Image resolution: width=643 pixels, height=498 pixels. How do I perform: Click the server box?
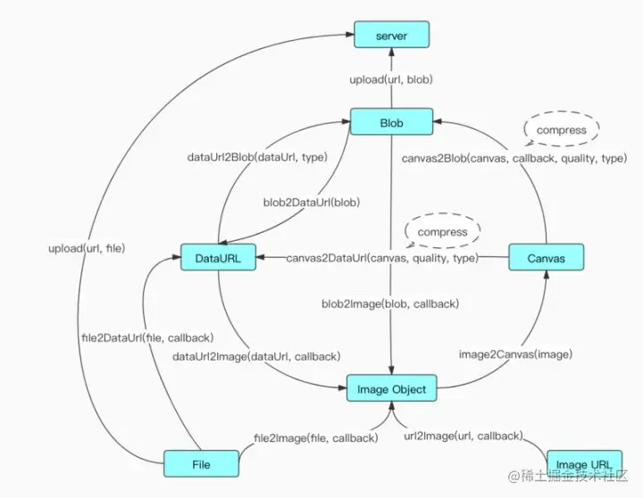tap(392, 35)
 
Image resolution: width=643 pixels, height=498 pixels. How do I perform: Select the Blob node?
tap(391, 121)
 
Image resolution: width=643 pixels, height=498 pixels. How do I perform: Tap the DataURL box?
tap(218, 257)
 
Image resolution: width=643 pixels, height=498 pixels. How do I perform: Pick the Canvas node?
tap(547, 257)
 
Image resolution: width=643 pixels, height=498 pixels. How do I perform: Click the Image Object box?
tap(392, 388)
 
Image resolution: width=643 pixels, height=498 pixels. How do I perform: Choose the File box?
tap(201, 463)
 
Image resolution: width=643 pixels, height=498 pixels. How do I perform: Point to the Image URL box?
tap(584, 463)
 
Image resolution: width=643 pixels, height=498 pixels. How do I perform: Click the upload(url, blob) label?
tap(391, 79)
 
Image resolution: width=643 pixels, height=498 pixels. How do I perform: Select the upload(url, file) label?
tap(87, 248)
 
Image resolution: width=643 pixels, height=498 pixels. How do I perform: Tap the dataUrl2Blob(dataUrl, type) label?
tap(257, 157)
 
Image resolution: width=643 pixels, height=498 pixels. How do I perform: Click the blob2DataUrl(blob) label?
tap(312, 202)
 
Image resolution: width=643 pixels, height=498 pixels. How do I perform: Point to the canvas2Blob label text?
tap(514, 158)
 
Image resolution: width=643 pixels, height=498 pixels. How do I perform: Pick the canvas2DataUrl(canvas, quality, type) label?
tap(382, 258)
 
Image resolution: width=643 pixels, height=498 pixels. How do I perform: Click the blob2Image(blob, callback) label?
tap(390, 303)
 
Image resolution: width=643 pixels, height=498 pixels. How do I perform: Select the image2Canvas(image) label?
tap(515, 354)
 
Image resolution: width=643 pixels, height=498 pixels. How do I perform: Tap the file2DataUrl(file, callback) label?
tap(147, 337)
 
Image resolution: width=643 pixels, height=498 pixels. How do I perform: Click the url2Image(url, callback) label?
tap(463, 436)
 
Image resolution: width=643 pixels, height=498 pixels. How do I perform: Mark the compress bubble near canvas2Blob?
tap(562, 129)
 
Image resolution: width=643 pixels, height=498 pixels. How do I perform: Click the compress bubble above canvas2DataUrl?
tap(442, 231)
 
